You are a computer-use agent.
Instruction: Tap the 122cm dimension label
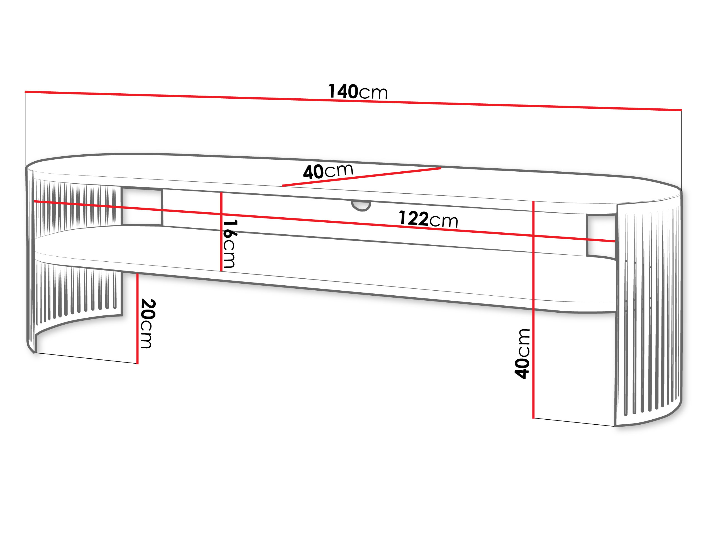(428, 219)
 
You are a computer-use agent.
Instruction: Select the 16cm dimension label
(230, 244)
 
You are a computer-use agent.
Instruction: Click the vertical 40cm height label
(522, 354)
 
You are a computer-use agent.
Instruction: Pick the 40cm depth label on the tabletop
(328, 171)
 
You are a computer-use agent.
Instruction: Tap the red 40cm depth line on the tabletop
(362, 177)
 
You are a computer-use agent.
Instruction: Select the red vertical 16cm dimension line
(221, 232)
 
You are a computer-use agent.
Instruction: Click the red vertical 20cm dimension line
(137, 319)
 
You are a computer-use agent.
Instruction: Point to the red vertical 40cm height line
(533, 310)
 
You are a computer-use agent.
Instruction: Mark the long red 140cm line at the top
(353, 101)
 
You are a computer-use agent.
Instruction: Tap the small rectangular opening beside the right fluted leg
(601, 236)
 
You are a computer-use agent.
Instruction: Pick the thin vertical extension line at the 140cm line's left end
(25, 129)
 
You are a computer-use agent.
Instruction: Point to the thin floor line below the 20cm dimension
(86, 358)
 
